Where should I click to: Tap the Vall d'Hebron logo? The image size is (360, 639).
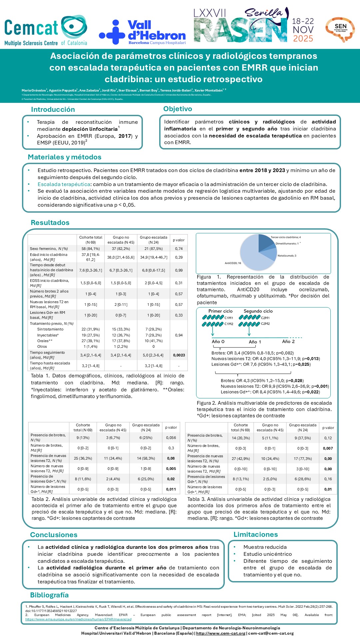[142, 32]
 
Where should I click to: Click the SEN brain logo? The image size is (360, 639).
[340, 29]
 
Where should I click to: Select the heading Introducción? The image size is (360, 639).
[53, 109]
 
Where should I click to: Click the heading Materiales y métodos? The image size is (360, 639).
[65, 157]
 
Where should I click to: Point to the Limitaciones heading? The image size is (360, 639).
[255, 534]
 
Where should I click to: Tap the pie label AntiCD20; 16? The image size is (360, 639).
[233, 263]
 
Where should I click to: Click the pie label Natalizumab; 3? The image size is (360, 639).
[287, 256]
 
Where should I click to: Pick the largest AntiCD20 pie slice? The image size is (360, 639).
[253, 256]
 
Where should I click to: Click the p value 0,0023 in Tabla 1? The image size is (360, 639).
[179, 355]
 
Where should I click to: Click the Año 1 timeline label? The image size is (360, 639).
[255, 342]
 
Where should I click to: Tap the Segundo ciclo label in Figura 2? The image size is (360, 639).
[258, 311]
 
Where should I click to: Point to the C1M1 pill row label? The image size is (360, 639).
[229, 318]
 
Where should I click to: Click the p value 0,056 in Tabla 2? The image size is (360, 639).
[171, 438]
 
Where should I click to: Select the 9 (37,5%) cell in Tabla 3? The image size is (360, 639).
[303, 438]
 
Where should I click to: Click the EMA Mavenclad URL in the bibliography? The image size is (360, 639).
[78, 619]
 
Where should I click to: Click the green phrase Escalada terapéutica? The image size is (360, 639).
[64, 184]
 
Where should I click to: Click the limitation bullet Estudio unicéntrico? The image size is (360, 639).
[267, 554]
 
